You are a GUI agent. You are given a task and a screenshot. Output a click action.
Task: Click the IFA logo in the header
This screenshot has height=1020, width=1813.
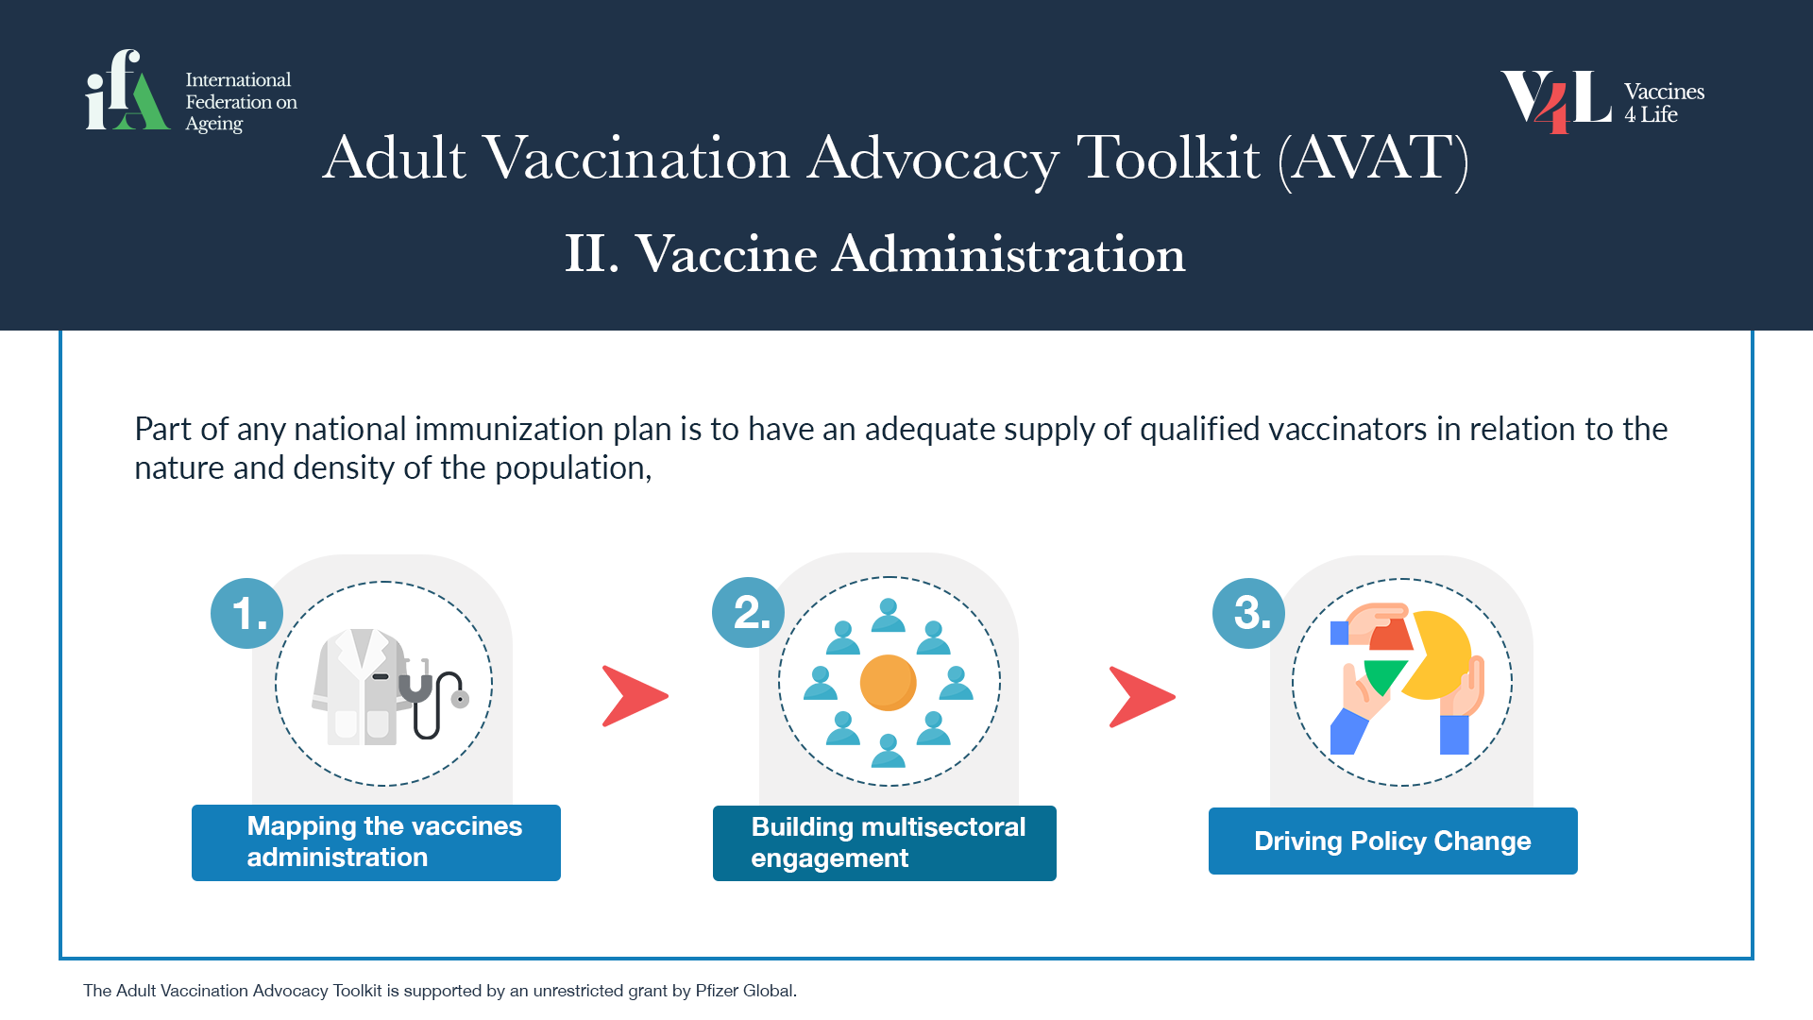[192, 91]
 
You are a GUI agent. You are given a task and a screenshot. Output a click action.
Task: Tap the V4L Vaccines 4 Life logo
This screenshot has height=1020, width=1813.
[1602, 101]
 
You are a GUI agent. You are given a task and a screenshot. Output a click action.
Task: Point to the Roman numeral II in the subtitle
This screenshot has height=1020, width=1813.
[585, 254]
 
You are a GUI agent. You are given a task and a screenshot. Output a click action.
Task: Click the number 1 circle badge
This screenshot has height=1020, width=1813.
[247, 613]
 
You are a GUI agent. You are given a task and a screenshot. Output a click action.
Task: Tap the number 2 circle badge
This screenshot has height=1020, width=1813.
[749, 612]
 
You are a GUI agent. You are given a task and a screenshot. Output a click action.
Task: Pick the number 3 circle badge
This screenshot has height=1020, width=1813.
[1249, 613]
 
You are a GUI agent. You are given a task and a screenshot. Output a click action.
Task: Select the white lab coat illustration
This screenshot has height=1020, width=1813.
[360, 687]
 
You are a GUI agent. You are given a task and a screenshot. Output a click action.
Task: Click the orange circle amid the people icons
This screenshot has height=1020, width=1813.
[889, 682]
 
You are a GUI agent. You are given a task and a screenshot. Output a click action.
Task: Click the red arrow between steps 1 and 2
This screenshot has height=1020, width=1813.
[635, 696]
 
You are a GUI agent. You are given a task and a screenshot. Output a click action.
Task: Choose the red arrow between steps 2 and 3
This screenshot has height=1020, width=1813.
[1142, 697]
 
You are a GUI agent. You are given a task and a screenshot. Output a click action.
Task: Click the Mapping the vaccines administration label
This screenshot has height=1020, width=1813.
[376, 842]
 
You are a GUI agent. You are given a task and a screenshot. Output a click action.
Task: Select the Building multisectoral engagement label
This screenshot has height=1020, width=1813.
[885, 843]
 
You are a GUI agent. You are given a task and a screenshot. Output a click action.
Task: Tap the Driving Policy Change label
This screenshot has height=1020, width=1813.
[1393, 841]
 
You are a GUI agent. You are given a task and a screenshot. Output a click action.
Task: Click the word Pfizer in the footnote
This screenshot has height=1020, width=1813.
[717, 991]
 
